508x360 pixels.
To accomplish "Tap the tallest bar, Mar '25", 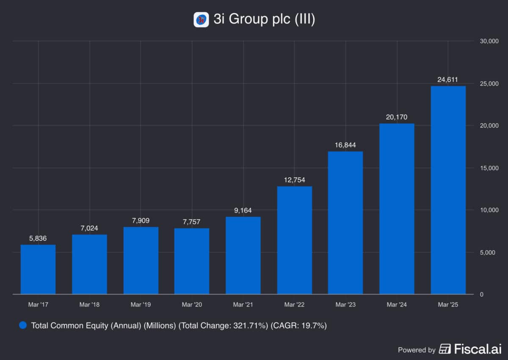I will pos(448,190).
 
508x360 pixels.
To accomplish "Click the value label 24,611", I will pos(448,79).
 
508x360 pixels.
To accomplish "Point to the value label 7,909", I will pos(141,220).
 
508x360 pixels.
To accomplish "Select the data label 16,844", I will pos(345,145).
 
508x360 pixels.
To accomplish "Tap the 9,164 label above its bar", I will pos(243,210).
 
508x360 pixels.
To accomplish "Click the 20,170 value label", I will pos(397,117).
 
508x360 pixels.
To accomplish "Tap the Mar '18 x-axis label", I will pos(89,305).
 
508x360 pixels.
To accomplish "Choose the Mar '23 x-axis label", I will pos(345,305).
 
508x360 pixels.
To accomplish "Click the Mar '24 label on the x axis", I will pos(397,305).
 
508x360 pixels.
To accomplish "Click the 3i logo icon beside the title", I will pos(201,20).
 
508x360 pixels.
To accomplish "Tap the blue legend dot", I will pos(23,326).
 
